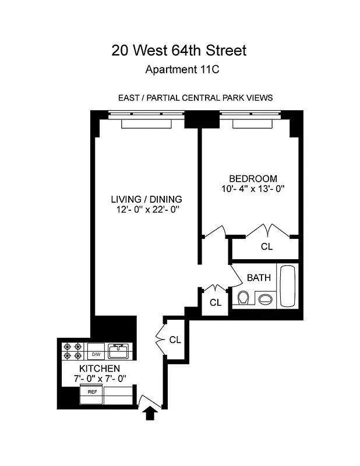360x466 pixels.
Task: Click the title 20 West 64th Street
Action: click(x=179, y=51)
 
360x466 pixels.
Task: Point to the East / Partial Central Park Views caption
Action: click(x=195, y=98)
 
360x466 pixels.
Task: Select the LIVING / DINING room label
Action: click(x=146, y=199)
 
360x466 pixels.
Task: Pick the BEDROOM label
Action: click(x=253, y=178)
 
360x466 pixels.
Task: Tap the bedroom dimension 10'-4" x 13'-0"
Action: click(x=253, y=189)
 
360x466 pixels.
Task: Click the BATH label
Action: click(x=259, y=278)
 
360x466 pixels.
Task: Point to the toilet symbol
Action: click(x=243, y=298)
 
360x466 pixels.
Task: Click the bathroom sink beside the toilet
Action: click(x=264, y=299)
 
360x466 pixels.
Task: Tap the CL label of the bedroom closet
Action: click(x=266, y=247)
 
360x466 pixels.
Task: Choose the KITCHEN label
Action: click(x=100, y=369)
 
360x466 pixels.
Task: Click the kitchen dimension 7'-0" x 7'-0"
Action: click(x=100, y=379)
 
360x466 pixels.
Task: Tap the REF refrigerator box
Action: click(x=92, y=392)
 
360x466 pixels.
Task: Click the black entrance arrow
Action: click(x=150, y=413)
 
